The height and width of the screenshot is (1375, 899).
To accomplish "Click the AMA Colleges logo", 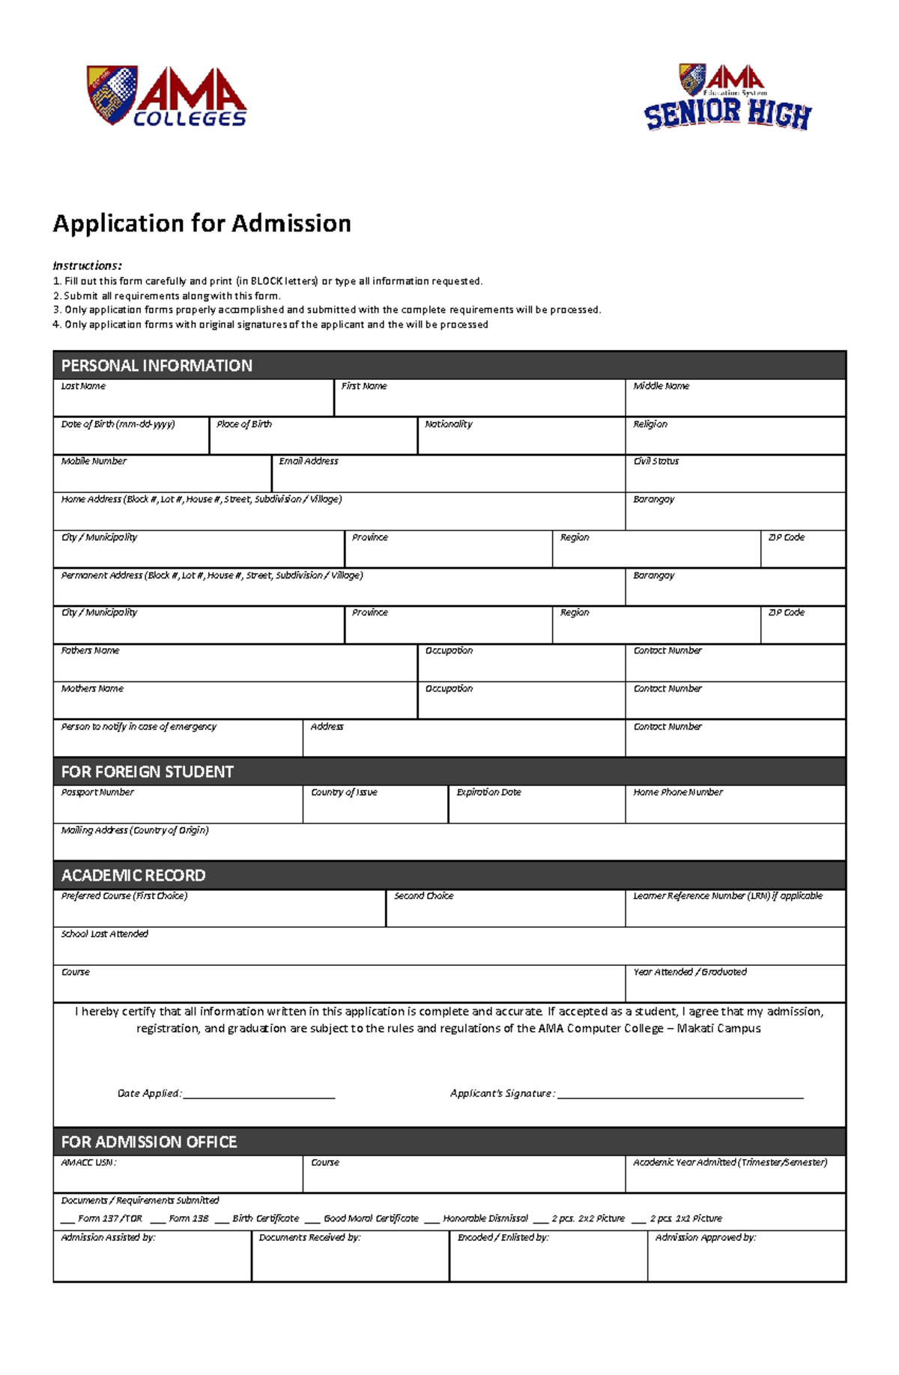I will [x=166, y=96].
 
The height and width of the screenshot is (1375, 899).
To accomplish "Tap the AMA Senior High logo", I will [x=727, y=97].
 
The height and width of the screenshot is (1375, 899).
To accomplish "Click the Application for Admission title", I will [x=202, y=223].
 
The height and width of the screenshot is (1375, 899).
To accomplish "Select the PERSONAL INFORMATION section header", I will [x=157, y=366].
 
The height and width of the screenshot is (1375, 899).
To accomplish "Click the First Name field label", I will [x=364, y=387].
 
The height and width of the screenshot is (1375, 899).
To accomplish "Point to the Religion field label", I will [x=650, y=424].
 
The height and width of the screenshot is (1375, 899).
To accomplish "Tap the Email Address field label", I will [x=308, y=462].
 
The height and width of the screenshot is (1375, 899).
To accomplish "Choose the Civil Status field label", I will [x=656, y=462].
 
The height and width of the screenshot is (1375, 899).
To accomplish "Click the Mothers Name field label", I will [x=92, y=689].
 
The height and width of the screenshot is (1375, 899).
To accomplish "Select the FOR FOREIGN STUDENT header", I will [x=147, y=772].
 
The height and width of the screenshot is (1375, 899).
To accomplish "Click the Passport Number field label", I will [x=97, y=792].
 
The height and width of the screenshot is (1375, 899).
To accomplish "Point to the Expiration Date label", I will [x=488, y=792].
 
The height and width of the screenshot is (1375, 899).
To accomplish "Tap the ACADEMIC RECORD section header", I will [x=133, y=875].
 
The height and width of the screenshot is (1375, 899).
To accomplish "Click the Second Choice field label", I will [x=423, y=896].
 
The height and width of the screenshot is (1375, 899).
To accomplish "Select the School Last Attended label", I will [x=104, y=934].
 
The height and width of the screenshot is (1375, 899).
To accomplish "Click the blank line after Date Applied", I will [x=258, y=1096].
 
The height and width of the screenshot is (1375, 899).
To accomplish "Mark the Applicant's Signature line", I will [x=679, y=1096].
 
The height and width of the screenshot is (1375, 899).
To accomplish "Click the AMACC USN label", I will [x=88, y=1163].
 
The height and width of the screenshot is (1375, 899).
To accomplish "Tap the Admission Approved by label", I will [x=705, y=1238].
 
